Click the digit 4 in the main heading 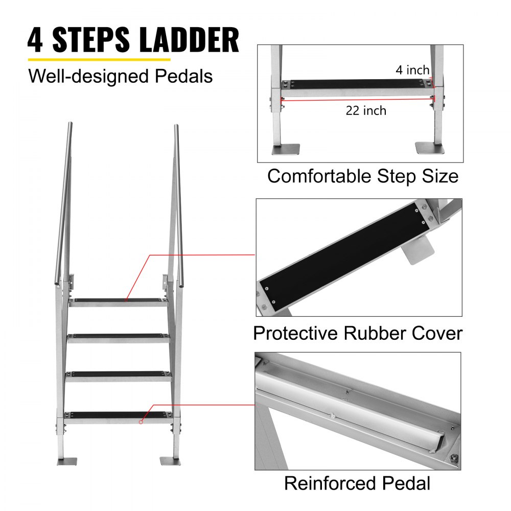pyautogui.click(x=35, y=41)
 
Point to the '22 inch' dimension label pyautogui.click(x=366, y=110)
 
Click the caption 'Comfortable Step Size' pyautogui.click(x=362, y=176)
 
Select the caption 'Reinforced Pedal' pyautogui.click(x=357, y=483)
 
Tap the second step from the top pyautogui.click(x=119, y=337)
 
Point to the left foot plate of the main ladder pyautogui.click(x=66, y=461)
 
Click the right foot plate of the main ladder pyautogui.click(x=171, y=460)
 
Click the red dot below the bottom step pyautogui.click(x=141, y=422)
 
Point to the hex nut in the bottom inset pyautogui.click(x=452, y=458)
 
